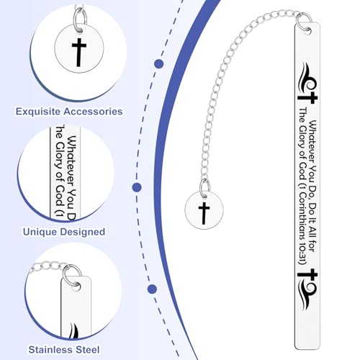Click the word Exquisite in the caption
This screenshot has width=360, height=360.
pyautogui.click(x=38, y=112)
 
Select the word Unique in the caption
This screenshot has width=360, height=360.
pyautogui.click(x=40, y=232)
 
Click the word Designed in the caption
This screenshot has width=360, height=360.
pyautogui.click(x=83, y=232)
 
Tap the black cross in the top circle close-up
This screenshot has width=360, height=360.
pyautogui.click(x=79, y=52)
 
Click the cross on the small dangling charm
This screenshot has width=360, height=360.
pyautogui.click(x=204, y=213)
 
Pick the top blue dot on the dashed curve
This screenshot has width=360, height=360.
pyautogui.click(x=159, y=64)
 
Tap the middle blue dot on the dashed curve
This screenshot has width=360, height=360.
pyautogui.click(x=137, y=187)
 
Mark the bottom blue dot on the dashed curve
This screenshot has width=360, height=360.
pyautogui.click(x=152, y=289)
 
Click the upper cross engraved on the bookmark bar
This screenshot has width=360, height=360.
pyautogui.click(x=308, y=98)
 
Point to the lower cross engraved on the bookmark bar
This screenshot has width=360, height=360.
pyautogui.click(x=308, y=274)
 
